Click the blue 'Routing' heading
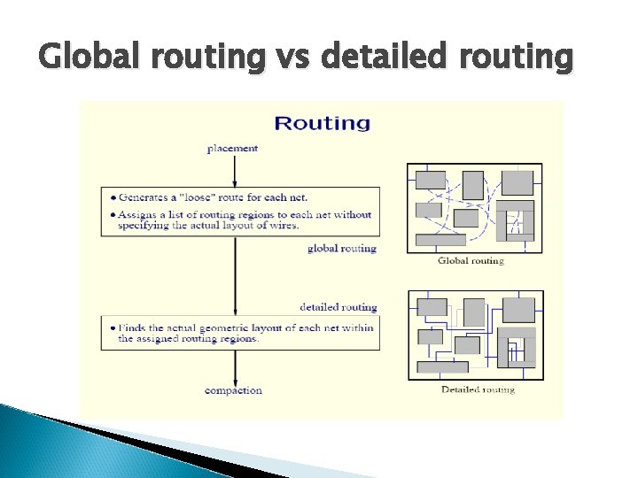[322, 123]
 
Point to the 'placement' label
[233, 148]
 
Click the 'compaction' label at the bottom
[233, 390]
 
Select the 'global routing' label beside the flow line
[342, 248]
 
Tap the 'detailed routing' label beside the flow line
[338, 307]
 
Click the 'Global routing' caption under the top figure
[471, 260]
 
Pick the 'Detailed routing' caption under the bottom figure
[478, 389]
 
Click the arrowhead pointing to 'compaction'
[234, 380]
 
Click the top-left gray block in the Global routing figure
[431, 180]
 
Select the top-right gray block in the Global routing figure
[517, 183]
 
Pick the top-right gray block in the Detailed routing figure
[519, 310]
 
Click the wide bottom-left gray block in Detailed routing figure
[442, 366]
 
